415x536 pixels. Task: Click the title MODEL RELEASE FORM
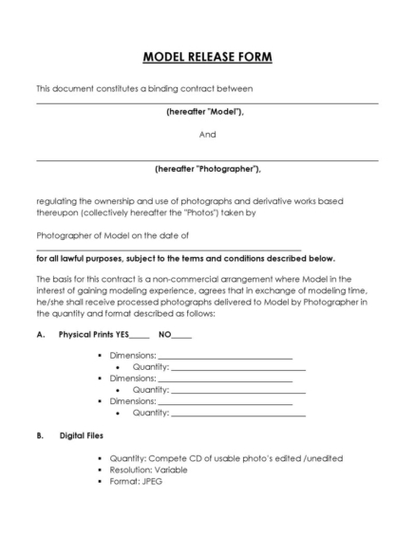click(207, 57)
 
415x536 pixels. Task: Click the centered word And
click(207, 135)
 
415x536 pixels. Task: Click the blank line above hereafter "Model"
click(207, 102)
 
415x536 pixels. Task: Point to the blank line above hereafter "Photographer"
click(207, 160)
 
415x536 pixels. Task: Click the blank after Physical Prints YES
click(139, 337)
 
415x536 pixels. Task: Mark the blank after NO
click(182, 337)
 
